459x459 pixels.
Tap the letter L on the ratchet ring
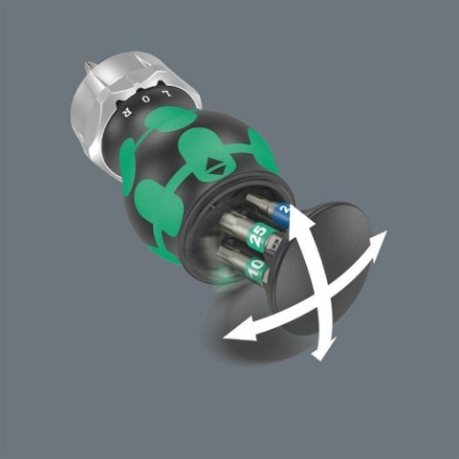click(x=170, y=98)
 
